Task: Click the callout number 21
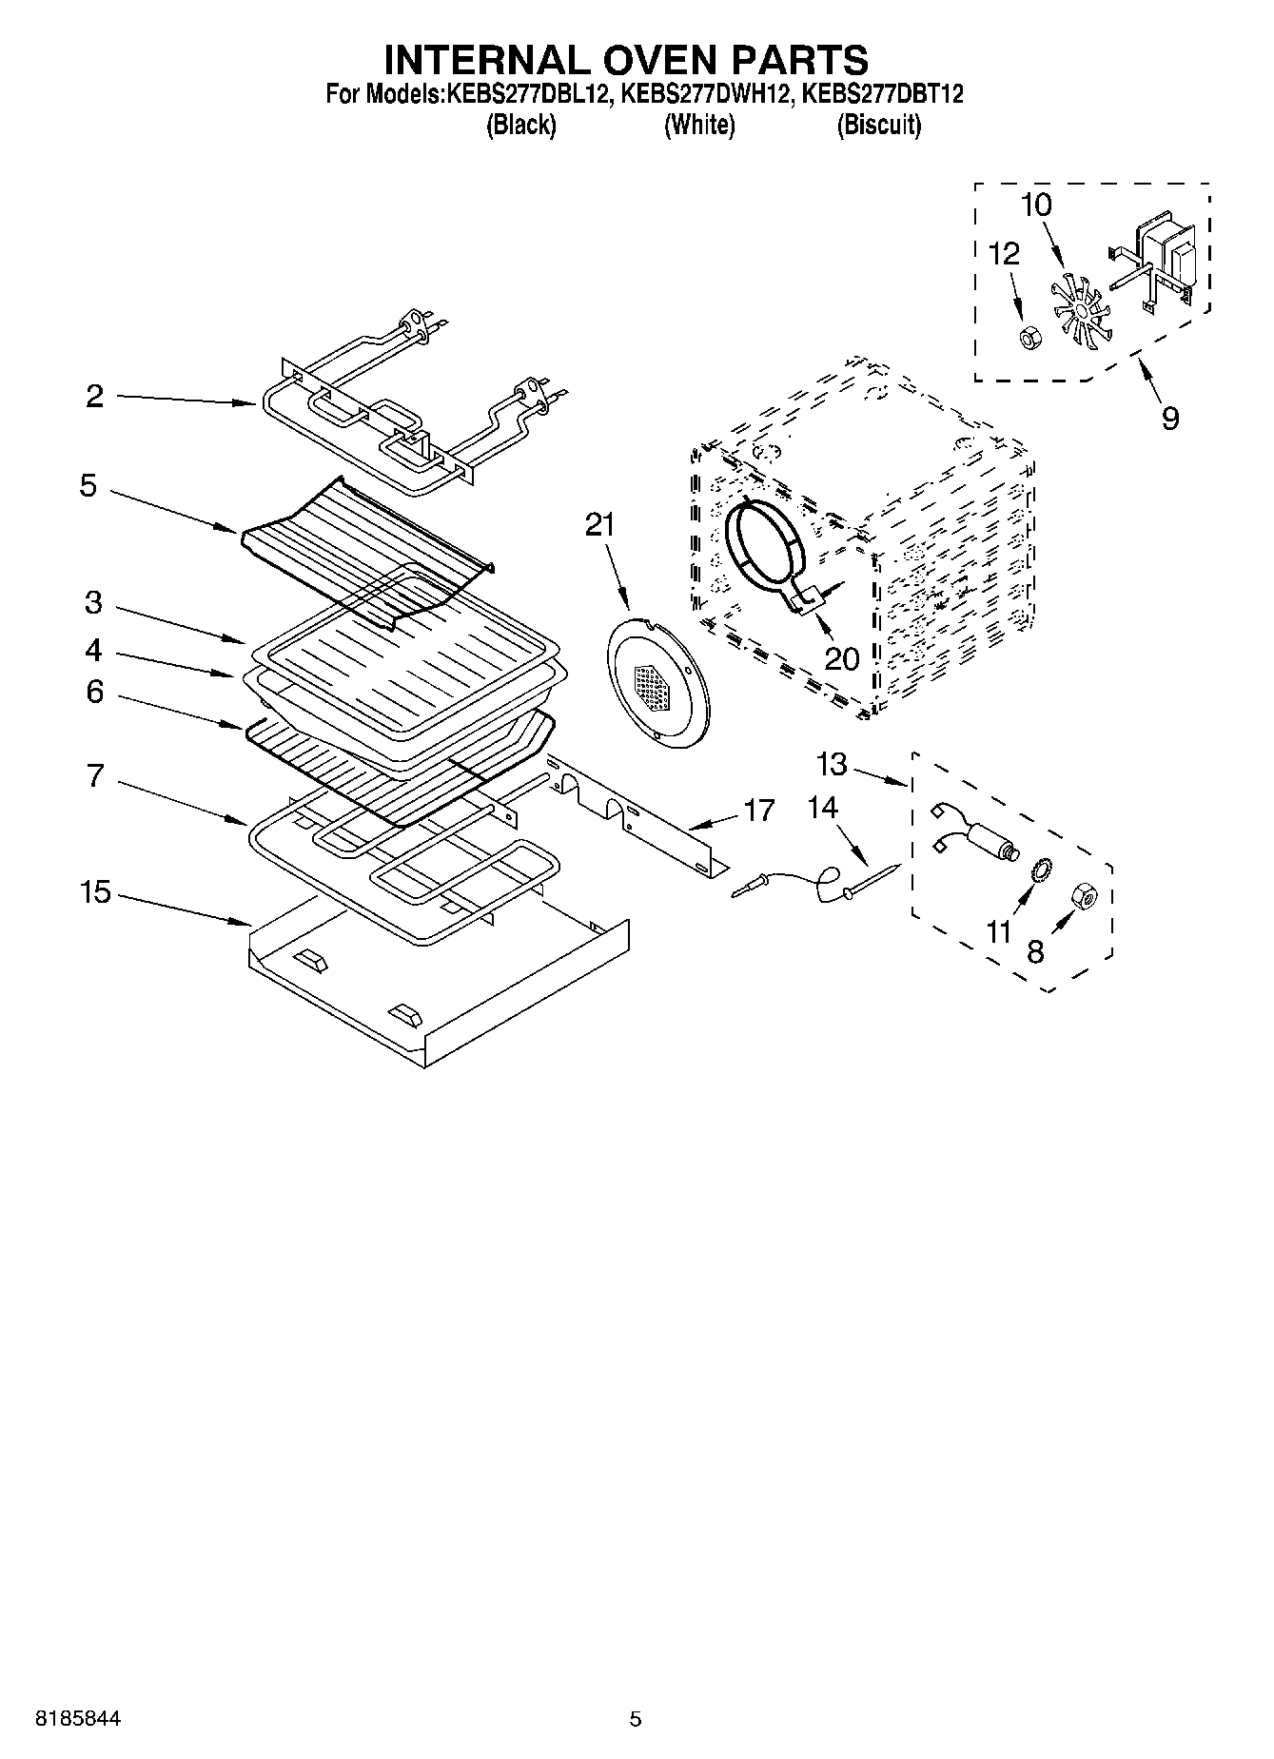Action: pos(599,525)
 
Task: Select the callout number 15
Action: pos(95,893)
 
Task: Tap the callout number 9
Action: pos(1170,418)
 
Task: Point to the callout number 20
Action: pos(842,658)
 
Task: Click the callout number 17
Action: pos(759,811)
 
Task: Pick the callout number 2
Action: pos(94,397)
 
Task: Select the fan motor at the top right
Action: pos(1161,257)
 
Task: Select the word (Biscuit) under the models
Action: pos(878,126)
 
